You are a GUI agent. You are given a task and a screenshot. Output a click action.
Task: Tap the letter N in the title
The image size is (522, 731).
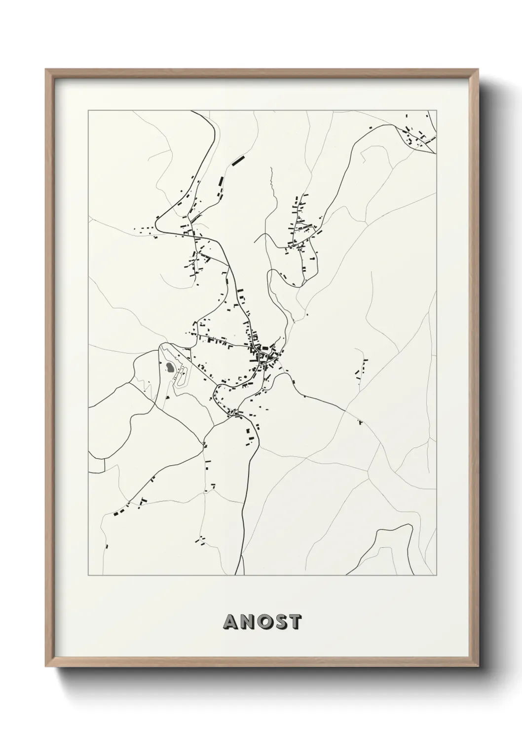[247, 622]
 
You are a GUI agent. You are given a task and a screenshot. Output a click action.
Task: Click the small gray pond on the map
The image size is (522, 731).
[170, 367]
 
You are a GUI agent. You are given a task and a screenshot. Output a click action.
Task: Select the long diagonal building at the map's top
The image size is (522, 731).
[238, 160]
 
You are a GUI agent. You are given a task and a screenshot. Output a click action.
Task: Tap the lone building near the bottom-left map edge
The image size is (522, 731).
[106, 546]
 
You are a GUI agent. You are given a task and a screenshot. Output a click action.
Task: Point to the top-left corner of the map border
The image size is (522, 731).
[88, 111]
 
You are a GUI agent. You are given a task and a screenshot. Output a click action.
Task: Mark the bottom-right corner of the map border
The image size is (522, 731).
[438, 575]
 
